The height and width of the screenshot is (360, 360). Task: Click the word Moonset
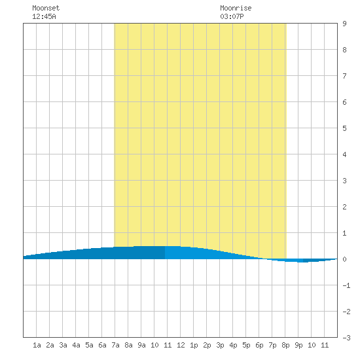(46, 8)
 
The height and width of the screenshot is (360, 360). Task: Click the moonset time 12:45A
(44, 16)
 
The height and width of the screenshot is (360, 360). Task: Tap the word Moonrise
(236, 8)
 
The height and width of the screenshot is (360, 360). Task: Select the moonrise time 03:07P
(232, 16)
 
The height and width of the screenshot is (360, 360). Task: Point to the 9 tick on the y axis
(344, 24)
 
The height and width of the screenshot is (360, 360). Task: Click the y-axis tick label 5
(344, 128)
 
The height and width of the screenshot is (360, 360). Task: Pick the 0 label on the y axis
(344, 259)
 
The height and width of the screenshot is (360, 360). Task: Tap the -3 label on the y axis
(346, 338)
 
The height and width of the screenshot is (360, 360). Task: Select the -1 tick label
(346, 285)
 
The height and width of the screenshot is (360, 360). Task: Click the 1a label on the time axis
(37, 345)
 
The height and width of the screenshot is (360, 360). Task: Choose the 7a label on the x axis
(115, 345)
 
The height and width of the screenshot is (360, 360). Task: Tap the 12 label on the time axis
(181, 345)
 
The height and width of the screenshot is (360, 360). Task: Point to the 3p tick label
(220, 345)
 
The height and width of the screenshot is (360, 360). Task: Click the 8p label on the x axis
(285, 345)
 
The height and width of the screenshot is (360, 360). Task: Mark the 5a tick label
(89, 345)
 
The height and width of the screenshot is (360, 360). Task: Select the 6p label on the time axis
(259, 345)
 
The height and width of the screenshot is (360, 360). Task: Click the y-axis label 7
(344, 76)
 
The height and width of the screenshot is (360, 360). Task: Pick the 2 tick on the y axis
(344, 207)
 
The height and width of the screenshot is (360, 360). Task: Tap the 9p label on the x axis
(298, 345)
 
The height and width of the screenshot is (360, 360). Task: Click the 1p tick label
(194, 345)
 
